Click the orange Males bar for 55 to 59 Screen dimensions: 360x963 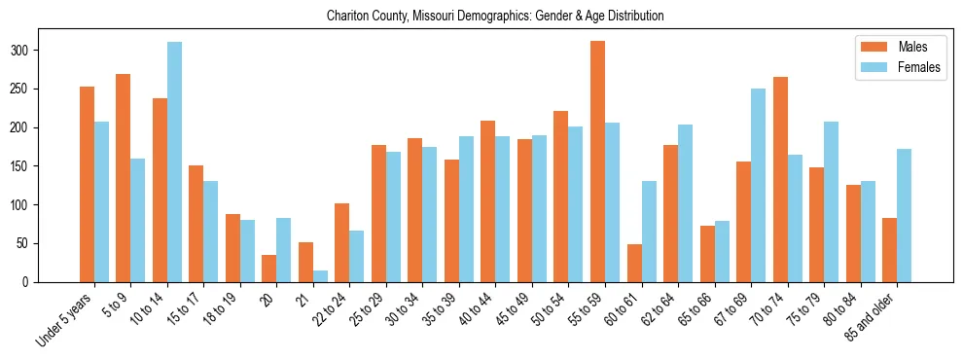(597, 162)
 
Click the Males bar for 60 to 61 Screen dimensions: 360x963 (634, 264)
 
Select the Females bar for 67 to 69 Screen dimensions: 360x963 (758, 186)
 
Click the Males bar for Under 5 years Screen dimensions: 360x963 (87, 185)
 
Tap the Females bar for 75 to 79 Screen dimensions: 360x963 (831, 202)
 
